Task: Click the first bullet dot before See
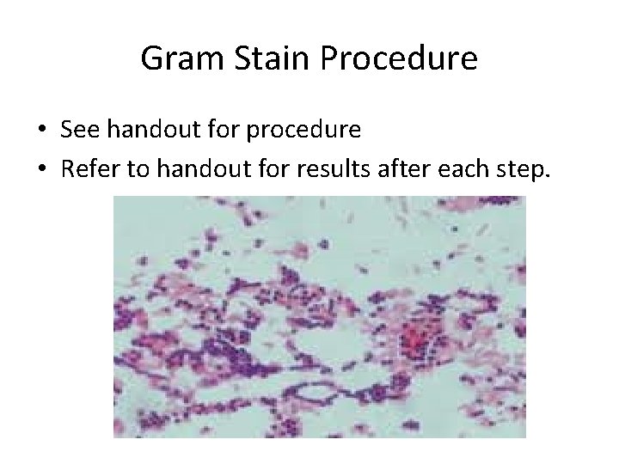[41, 131]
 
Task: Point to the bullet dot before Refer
[41, 170]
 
